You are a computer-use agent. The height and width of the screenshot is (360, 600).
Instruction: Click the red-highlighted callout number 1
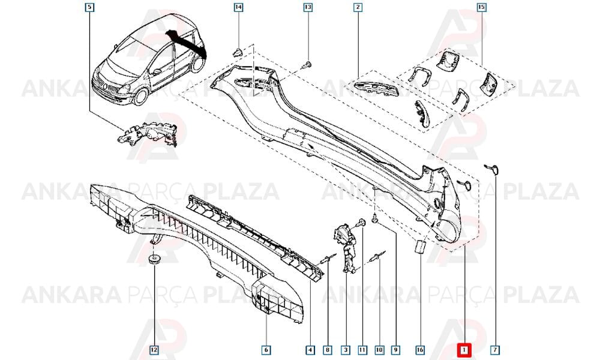tap(464, 349)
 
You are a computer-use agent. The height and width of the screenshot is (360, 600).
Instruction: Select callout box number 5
tap(89, 7)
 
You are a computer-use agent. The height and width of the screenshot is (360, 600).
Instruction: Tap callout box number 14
tap(238, 7)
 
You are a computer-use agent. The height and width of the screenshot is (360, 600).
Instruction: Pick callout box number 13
tap(308, 7)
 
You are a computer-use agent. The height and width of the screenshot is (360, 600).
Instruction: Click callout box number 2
tap(358, 7)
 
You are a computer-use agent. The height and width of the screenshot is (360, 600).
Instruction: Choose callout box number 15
tap(481, 7)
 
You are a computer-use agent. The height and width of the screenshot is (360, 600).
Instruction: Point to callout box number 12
tap(154, 349)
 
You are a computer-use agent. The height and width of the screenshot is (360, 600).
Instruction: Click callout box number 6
tap(266, 349)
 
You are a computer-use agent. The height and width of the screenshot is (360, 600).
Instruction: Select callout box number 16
tap(420, 349)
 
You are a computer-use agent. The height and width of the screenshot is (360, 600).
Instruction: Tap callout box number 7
tap(495, 349)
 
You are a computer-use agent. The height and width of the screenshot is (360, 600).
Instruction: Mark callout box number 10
tap(379, 349)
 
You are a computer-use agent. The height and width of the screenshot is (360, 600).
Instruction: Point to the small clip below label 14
tap(238, 52)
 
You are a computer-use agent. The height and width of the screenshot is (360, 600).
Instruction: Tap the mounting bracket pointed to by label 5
tap(148, 134)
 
